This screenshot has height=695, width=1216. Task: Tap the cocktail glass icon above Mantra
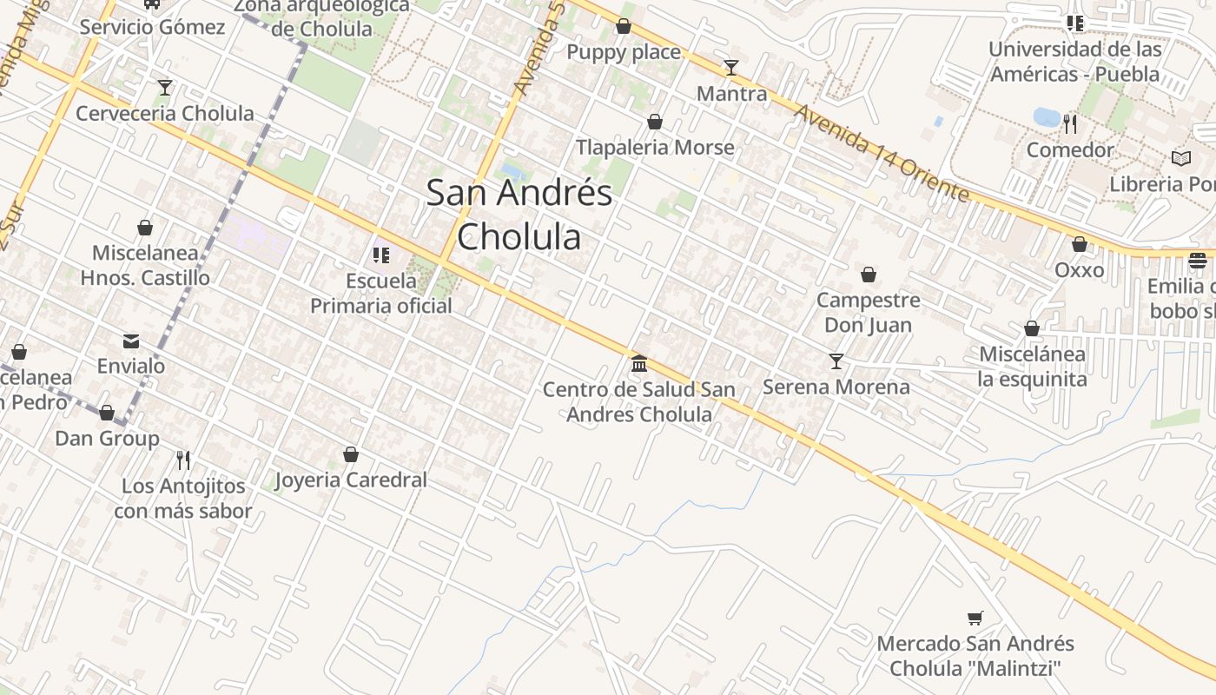(x=731, y=68)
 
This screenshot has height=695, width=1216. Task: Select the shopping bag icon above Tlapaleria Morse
(x=655, y=122)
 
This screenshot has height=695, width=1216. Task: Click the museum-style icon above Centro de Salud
(x=639, y=363)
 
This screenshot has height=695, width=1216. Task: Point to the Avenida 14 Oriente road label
(x=881, y=153)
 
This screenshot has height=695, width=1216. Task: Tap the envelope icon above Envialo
(x=131, y=341)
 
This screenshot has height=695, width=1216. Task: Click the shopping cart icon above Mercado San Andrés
(x=975, y=618)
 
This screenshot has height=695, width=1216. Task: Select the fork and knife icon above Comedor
(x=1070, y=124)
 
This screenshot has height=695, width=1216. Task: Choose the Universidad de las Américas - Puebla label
(x=1074, y=62)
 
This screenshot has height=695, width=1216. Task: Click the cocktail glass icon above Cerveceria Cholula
(x=165, y=88)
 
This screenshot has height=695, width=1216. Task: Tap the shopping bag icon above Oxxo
(x=1080, y=245)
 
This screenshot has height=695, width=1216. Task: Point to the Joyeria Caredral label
(x=351, y=480)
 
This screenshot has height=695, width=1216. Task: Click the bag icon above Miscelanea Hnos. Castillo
(x=145, y=228)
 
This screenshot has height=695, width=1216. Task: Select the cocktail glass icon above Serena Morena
(x=836, y=361)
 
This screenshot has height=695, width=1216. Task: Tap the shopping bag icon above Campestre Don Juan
(x=868, y=275)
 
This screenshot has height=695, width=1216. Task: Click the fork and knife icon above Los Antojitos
(x=183, y=460)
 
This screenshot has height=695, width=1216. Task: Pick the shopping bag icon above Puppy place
(x=623, y=27)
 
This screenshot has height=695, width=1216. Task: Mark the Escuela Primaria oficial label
(x=381, y=294)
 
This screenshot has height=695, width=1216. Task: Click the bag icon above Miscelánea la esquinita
(x=1032, y=328)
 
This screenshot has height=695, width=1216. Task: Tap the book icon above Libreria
(x=1180, y=159)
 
